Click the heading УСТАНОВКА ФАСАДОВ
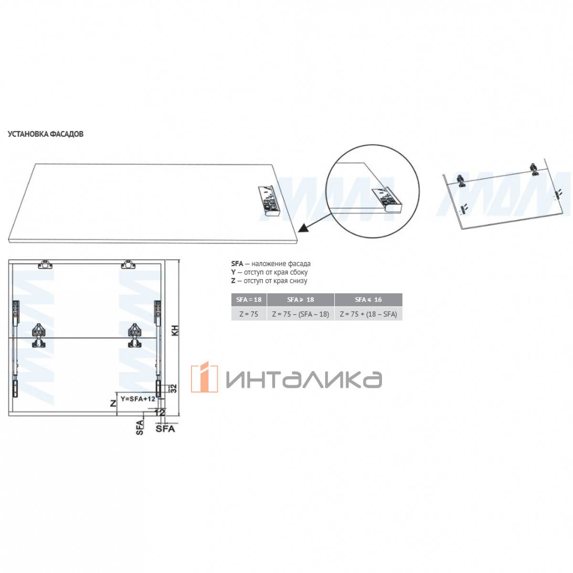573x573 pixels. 45,134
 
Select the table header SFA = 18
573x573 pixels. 249,299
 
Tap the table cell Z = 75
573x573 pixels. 249,314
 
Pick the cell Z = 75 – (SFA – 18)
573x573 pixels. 300,314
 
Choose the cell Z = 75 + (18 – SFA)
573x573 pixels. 368,314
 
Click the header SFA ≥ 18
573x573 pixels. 300,299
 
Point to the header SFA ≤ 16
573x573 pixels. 368,299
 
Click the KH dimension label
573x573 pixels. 175,330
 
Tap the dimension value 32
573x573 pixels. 173,388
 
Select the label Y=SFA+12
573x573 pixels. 138,399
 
